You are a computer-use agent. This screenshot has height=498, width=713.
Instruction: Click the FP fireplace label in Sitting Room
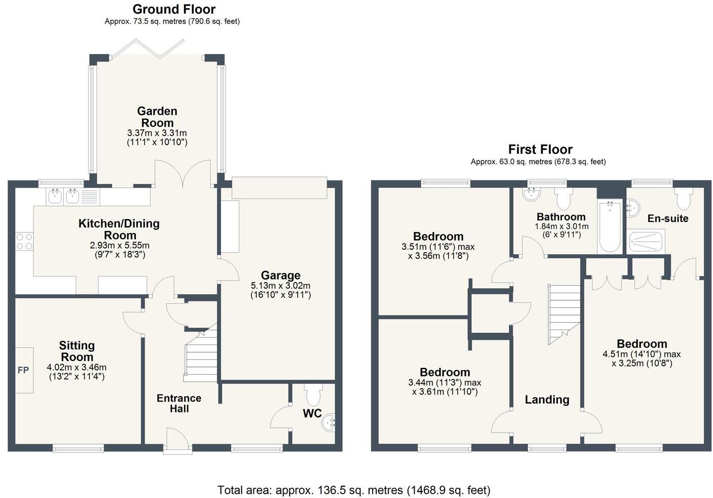coord(23,370)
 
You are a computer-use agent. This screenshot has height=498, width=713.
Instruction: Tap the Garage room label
coord(281,276)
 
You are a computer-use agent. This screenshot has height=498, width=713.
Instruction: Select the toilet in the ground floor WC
coord(313,394)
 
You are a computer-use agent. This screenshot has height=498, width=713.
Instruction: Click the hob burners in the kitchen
coord(24,241)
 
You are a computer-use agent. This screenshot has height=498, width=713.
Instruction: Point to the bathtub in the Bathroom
coord(610,227)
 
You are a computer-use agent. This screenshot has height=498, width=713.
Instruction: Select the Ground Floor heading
coord(174,9)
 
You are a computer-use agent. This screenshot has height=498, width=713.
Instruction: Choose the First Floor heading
coord(540,149)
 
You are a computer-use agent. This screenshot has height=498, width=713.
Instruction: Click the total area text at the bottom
coord(353,489)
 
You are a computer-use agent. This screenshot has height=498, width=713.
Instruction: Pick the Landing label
coord(547,399)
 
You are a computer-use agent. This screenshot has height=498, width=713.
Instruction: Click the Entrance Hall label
coord(179,403)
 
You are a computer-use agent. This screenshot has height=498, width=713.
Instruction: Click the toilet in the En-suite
coord(683,199)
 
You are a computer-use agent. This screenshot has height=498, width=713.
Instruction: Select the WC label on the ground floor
coord(312,413)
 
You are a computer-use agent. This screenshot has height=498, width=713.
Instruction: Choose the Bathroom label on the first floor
coord(561,217)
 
